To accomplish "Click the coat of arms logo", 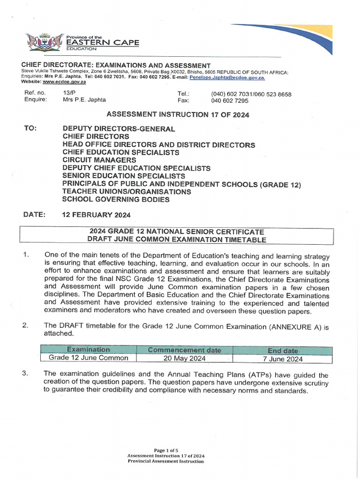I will click(44, 41).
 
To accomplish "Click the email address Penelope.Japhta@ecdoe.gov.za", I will click(227, 76).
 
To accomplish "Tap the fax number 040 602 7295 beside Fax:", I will click(230, 101).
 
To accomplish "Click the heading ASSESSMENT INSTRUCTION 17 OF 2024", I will click(178, 114).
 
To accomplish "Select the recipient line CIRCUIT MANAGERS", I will click(99, 160).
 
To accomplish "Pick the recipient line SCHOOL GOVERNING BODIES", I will click(116, 199).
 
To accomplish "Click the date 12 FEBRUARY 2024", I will click(97, 215).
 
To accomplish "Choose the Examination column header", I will click(88, 350).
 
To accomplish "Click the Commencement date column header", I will click(184, 350).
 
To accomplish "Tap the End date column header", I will click(282, 351).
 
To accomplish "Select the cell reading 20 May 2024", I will click(184, 359).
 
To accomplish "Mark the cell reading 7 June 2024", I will click(282, 359).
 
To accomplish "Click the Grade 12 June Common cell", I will click(88, 358).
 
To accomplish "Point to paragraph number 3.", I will click(26, 374).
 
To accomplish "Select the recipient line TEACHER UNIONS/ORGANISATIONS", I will click(127, 192).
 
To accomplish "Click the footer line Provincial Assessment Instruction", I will click(165, 461).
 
